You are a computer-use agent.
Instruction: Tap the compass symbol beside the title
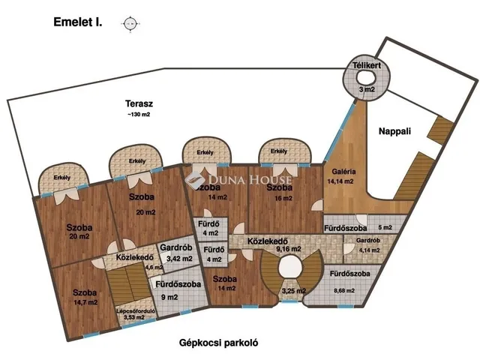[x=130, y=24]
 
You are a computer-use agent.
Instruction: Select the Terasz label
[x=139, y=103]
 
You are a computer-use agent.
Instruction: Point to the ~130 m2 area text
[x=139, y=115]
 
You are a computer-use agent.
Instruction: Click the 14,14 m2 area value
[x=340, y=181]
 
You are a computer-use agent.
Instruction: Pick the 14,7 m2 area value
[x=85, y=302]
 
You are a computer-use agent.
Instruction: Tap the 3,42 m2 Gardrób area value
[x=177, y=259]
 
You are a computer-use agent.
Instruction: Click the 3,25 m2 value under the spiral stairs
[x=293, y=291]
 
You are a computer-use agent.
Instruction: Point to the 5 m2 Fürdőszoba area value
[x=385, y=227]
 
